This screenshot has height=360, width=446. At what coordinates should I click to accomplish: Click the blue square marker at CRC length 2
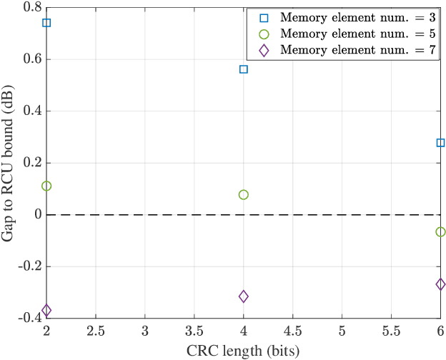pyautogui.click(x=46, y=22)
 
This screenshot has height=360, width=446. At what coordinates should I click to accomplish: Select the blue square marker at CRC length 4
pyautogui.click(x=243, y=69)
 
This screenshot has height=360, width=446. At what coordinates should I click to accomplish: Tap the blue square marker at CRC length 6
pyautogui.click(x=440, y=143)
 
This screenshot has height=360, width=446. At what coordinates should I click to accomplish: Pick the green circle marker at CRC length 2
pyautogui.click(x=46, y=186)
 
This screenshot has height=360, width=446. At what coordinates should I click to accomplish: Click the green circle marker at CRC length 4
pyautogui.click(x=243, y=194)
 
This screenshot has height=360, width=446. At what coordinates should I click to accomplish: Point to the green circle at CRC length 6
pyautogui.click(x=440, y=231)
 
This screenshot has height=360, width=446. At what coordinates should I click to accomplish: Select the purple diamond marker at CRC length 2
pyautogui.click(x=46, y=310)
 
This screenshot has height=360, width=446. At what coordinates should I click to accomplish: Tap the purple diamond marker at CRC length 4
pyautogui.click(x=243, y=296)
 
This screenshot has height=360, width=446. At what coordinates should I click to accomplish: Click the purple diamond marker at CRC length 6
pyautogui.click(x=440, y=284)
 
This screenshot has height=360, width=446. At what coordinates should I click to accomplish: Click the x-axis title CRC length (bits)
pyautogui.click(x=243, y=351)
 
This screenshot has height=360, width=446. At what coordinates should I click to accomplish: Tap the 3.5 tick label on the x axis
pyautogui.click(x=194, y=332)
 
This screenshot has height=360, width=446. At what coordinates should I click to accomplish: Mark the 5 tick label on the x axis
pyautogui.click(x=342, y=332)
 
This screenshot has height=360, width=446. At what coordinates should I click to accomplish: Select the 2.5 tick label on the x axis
pyautogui.click(x=96, y=332)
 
